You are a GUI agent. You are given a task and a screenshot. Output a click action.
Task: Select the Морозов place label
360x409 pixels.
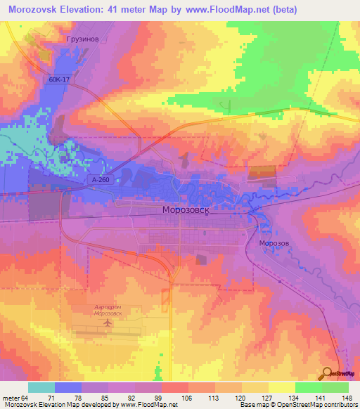274,243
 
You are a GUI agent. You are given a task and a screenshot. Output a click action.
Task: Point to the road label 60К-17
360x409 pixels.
60,80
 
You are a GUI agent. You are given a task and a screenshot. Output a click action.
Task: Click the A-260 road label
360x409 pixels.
100,180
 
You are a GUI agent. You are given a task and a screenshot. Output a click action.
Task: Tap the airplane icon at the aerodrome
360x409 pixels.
108,324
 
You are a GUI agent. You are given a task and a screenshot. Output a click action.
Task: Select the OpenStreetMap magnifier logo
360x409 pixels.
328,373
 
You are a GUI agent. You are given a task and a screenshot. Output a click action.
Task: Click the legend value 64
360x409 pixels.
25,397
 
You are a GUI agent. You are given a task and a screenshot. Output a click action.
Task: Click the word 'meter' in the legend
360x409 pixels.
10,397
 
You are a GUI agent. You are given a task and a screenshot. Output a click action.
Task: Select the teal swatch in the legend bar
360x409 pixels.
41,387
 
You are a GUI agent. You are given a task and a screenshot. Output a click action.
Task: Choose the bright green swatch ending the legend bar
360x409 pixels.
335,387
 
